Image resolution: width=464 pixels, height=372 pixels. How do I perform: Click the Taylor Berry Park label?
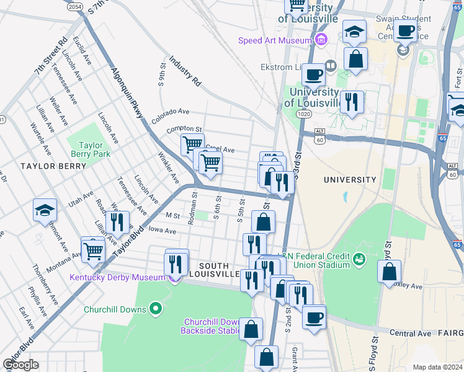91,149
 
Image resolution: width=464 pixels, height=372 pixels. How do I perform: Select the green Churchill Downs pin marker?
156,308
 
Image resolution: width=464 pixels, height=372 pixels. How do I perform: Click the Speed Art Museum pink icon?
321,41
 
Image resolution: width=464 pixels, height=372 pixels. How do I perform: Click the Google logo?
20,365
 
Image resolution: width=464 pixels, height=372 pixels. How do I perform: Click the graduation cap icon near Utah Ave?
45,210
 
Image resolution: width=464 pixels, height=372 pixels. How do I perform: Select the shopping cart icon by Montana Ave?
93,250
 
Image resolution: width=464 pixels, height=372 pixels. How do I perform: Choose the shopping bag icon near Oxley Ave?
389,271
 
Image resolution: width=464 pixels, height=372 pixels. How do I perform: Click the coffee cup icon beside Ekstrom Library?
313,74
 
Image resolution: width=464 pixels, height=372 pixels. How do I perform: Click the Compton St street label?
184,130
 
